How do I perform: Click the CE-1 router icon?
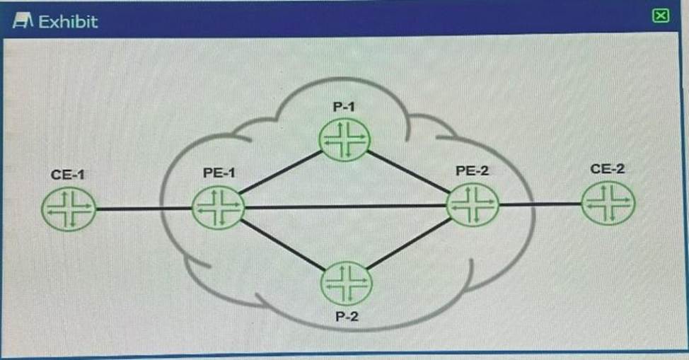pos(68,209)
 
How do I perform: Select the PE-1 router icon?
pos(218,207)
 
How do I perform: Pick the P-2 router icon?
pos(346,283)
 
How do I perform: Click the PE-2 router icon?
pos(472,205)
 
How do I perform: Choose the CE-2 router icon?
pos(608,204)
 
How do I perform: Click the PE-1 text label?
pos(218,172)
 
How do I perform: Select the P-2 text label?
pos(347,316)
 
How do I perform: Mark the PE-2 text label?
pos(473,170)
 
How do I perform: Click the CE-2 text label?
pos(607,169)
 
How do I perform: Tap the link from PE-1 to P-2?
pos(282,245)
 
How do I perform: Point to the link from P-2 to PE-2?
pos(409,245)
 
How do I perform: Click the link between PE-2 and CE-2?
pos(540,204)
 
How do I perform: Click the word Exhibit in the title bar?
pos(68,21)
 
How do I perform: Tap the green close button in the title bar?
pos(660,16)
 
